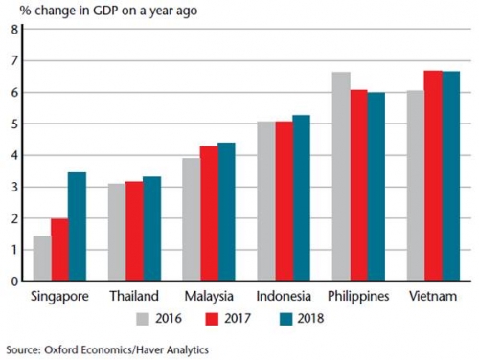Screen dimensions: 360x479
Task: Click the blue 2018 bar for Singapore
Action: pos(78,227)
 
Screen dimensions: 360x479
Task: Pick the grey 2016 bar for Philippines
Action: pos(340,176)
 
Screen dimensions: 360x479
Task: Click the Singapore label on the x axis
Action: pos(60,296)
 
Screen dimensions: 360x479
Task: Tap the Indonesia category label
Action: pos(285,296)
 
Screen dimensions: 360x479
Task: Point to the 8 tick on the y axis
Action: pos(14,29)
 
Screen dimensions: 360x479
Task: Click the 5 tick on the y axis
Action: pos(14,124)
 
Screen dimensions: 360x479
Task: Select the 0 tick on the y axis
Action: pos(14,281)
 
